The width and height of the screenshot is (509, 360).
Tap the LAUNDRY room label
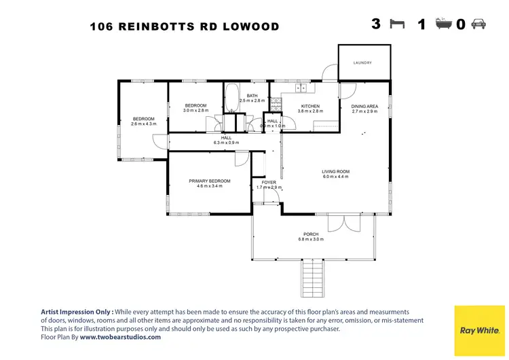(363, 62)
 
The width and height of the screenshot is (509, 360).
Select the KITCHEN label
(310, 106)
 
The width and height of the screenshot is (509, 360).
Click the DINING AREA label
(364, 106)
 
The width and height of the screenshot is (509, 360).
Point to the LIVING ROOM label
(335, 171)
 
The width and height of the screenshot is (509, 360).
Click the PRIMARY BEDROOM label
(209, 181)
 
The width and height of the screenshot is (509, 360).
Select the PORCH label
(311, 234)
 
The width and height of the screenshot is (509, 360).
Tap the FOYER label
(269, 182)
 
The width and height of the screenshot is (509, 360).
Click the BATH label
(252, 96)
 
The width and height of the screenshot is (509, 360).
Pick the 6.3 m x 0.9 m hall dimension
(222, 143)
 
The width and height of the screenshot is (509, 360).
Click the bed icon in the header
(397, 24)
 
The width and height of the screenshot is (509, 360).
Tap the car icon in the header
(478, 24)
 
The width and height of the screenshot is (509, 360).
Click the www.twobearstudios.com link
(120, 336)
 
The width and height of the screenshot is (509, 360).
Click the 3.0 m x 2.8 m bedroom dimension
(196, 111)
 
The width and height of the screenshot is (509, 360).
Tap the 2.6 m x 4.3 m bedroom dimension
(144, 124)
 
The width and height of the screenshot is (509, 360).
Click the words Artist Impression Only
(76, 310)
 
